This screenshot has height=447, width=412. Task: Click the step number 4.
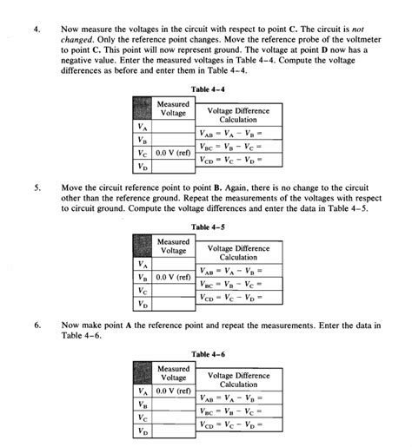(37, 29)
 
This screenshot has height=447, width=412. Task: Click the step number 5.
(37, 186)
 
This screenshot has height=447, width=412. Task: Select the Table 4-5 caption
(208, 227)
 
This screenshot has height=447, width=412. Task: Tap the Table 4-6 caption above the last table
(208, 355)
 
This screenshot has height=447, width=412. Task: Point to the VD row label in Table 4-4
(142, 167)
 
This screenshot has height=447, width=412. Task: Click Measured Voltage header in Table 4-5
(174, 246)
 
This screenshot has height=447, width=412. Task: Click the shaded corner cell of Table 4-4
(142, 108)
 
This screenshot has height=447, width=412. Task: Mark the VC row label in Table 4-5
(142, 292)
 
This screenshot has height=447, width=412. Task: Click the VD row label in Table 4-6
(142, 431)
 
